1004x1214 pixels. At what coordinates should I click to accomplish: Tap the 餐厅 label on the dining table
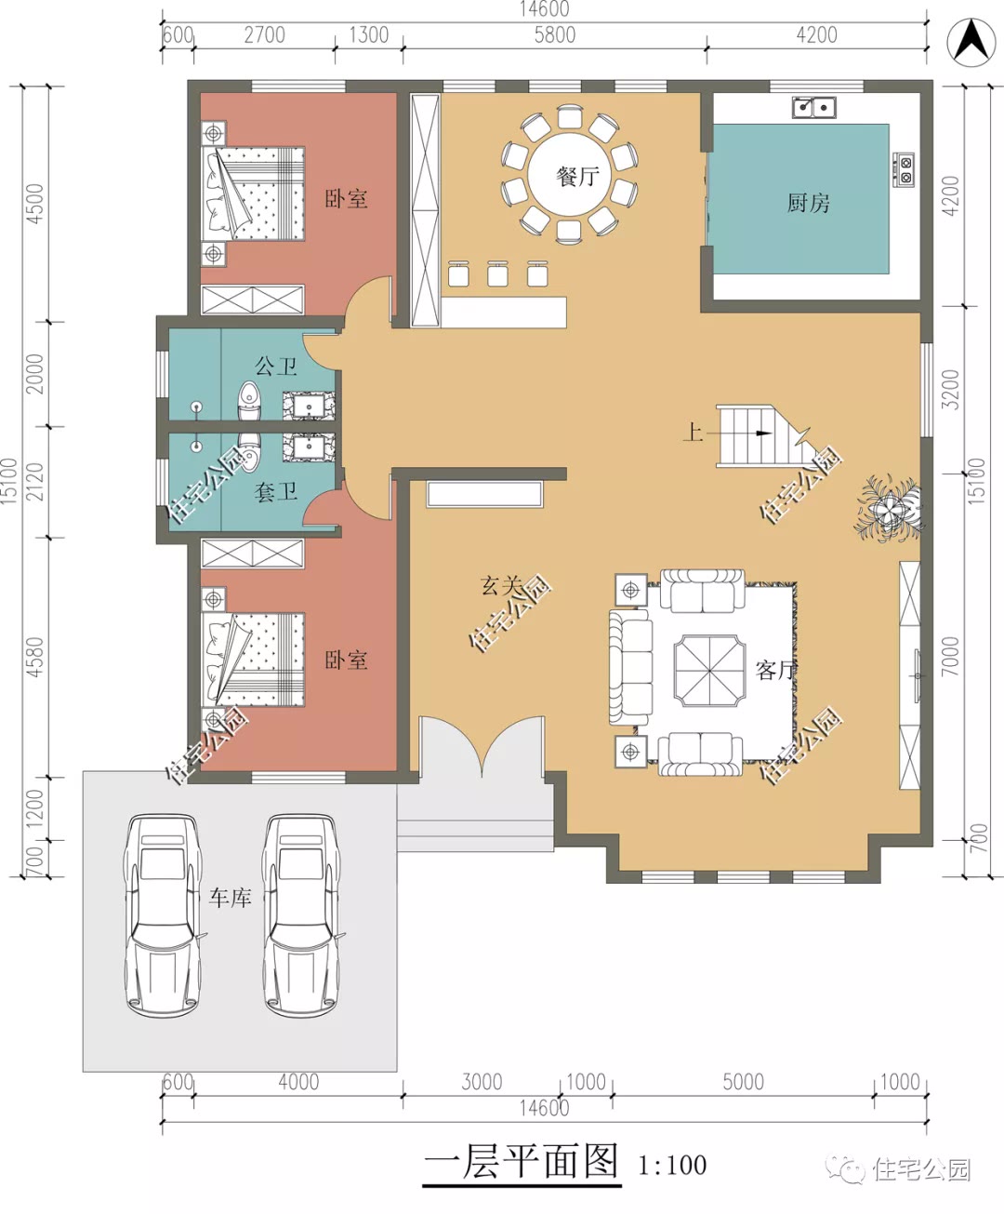577,176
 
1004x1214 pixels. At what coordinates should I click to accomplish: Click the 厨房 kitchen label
808,203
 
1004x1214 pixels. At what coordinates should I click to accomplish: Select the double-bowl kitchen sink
814,108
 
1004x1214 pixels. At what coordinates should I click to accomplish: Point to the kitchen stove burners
904,169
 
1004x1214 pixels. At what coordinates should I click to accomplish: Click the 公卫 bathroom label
275,367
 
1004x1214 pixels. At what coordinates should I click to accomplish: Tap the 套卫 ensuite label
275,492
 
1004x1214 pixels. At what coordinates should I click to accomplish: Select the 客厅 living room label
776,671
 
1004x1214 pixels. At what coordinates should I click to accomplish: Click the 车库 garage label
231,898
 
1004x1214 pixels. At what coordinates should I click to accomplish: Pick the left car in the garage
162,915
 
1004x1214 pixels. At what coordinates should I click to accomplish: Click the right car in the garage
301,915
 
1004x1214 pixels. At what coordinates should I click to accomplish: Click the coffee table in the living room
710,671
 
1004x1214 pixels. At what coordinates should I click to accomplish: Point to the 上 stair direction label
694,432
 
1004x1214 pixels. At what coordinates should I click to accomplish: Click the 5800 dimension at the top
555,35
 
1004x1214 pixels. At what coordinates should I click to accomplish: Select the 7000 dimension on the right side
950,656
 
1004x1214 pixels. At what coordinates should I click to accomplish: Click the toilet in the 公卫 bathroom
249,400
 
